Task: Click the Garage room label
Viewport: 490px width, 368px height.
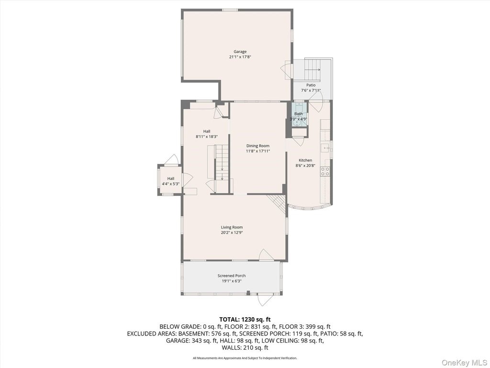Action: pos(240,52)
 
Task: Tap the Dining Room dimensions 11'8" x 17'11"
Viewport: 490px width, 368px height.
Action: pos(258,151)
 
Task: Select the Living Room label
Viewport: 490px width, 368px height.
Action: pos(232,227)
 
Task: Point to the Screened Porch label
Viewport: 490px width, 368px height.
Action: pos(232,276)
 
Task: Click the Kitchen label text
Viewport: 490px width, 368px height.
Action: pos(305,160)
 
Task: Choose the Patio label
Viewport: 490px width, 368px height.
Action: pos(311,85)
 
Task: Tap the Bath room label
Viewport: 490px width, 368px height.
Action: pos(299,114)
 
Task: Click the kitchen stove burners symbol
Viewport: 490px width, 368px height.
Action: pos(325,171)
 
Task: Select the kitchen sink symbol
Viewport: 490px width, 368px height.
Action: pos(325,148)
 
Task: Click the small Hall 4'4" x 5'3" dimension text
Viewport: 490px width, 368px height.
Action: pos(171,184)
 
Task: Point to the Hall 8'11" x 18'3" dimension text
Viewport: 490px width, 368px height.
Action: pos(207,137)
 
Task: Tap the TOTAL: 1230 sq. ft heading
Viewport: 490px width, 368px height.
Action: pos(245,320)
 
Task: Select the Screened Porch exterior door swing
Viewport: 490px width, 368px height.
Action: pos(263,300)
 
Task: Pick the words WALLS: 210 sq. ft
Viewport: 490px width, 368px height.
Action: pos(245,347)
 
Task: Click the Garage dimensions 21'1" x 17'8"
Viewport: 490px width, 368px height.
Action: pos(240,57)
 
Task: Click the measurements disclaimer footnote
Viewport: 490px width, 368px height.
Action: pos(245,358)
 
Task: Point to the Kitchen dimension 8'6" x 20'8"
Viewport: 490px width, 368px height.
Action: pos(305,166)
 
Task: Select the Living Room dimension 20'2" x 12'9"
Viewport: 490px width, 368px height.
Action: pos(232,233)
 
